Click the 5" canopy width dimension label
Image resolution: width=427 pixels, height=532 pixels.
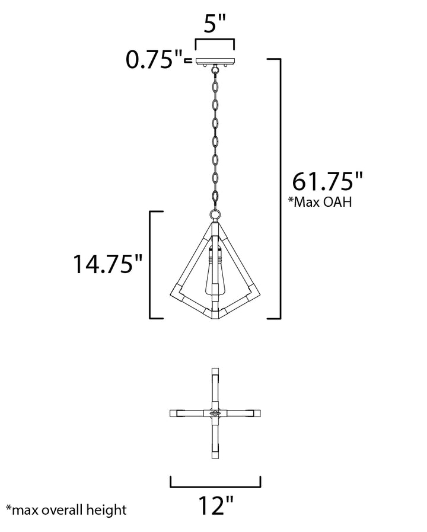click(215, 24)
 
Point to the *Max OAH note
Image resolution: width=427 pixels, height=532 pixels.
click(320, 202)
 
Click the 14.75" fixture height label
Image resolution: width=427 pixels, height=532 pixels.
click(108, 264)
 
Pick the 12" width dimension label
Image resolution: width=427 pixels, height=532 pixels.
click(216, 506)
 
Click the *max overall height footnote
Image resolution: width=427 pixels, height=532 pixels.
click(66, 509)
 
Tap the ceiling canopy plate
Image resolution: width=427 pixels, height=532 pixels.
click(215, 61)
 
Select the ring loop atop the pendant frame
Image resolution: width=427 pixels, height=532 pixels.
click(215, 215)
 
